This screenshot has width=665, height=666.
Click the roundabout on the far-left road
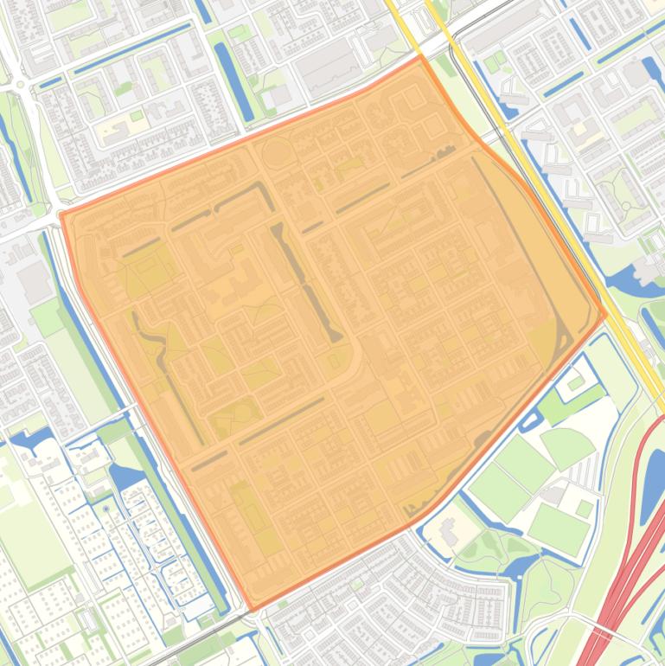19,85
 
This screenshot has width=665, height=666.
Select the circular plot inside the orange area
277,155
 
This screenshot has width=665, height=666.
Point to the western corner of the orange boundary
61,214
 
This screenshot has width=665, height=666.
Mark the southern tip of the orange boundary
249,608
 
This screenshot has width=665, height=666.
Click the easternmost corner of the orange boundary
605,314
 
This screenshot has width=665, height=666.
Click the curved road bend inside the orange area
355,355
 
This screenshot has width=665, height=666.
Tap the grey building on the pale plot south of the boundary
449,528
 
